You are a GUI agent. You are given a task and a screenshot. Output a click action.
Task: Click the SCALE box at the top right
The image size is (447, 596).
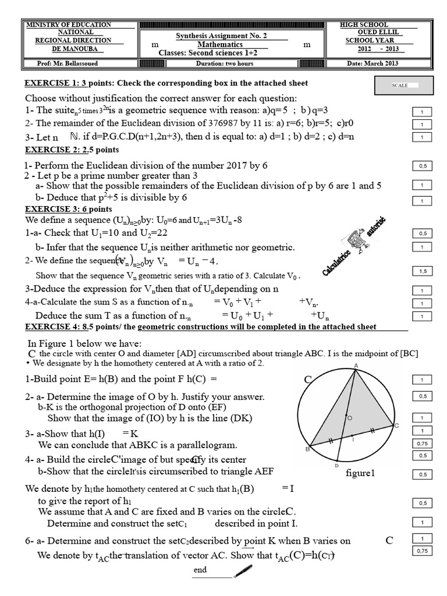pyautogui.click(x=405, y=86)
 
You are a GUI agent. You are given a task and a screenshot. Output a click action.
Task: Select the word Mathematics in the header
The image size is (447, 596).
pyautogui.click(x=220, y=44)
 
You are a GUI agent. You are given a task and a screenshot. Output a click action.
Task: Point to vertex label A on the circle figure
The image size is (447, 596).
pyautogui.click(x=355, y=366)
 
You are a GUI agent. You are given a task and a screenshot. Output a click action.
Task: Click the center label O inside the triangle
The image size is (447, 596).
pyautogui.click(x=349, y=418)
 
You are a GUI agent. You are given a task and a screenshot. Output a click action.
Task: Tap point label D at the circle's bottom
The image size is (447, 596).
pyautogui.click(x=336, y=466)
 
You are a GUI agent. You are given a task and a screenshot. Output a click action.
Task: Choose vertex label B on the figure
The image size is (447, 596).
pyautogui.click(x=307, y=449)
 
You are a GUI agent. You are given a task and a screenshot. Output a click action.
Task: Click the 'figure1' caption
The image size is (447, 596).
pyautogui.click(x=360, y=473)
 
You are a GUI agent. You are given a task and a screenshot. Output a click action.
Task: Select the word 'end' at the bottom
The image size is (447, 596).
pyautogui.click(x=200, y=570)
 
